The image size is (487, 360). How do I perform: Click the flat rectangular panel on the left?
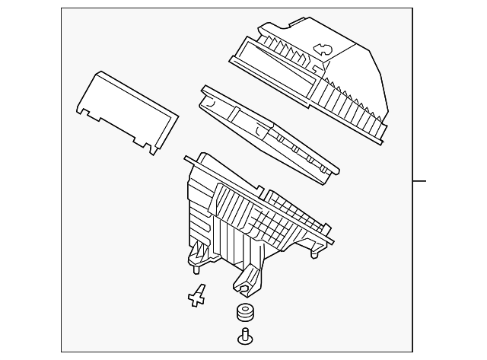click(x=129, y=113)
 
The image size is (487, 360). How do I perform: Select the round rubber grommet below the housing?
click(x=244, y=314)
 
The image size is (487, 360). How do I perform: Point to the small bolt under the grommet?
click(x=245, y=336)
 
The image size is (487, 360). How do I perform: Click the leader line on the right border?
click(x=419, y=181)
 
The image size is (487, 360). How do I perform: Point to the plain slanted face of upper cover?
click(x=350, y=57)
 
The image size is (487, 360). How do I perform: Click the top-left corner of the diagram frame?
click(x=62, y=9)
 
